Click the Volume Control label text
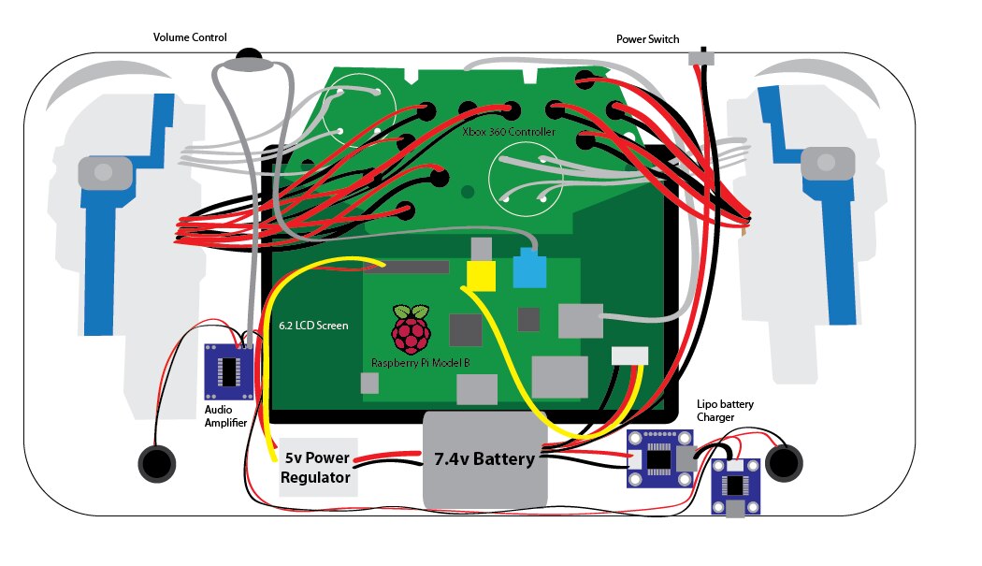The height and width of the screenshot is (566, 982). [190, 37]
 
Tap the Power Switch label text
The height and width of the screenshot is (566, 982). [647, 39]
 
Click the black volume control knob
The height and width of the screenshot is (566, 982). [249, 54]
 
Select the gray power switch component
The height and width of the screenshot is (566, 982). [701, 58]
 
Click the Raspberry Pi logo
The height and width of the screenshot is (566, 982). [411, 328]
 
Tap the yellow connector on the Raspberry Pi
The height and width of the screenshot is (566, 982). [481, 276]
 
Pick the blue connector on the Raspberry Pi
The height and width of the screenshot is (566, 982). [529, 268]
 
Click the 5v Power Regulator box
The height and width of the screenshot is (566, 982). [318, 467]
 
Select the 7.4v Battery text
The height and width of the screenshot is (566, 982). [484, 458]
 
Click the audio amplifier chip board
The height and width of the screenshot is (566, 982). [229, 371]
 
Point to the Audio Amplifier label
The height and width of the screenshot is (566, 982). [225, 416]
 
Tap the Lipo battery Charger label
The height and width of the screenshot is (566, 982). [725, 411]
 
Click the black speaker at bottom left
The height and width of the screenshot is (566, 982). [156, 464]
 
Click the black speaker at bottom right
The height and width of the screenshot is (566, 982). [784, 463]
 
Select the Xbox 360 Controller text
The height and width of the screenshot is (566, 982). [509, 132]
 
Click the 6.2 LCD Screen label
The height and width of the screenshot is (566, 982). [313, 326]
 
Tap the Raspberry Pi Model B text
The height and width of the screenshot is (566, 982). [420, 363]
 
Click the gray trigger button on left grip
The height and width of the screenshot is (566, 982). [105, 173]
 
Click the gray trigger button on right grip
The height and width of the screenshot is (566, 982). [828, 163]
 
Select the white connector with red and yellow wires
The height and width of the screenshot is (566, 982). [629, 356]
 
